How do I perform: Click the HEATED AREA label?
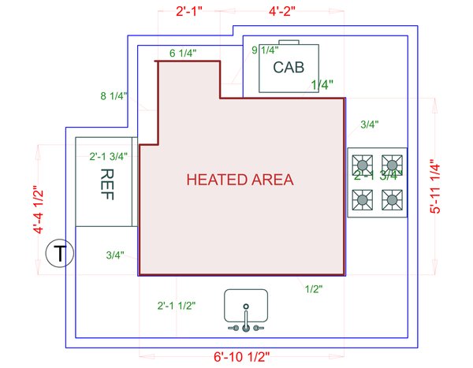tap(240, 180)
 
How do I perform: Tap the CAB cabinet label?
tap(289, 67)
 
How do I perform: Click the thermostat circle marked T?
tap(59, 254)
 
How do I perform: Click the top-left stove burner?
tap(363, 165)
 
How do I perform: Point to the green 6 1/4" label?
tap(183, 54)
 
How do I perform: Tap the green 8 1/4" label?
tap(114, 96)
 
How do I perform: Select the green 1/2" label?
tap(314, 289)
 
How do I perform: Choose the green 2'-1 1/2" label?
tap(177, 305)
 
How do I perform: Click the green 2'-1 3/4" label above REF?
tap(109, 156)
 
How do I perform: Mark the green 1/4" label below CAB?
tap(322, 84)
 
